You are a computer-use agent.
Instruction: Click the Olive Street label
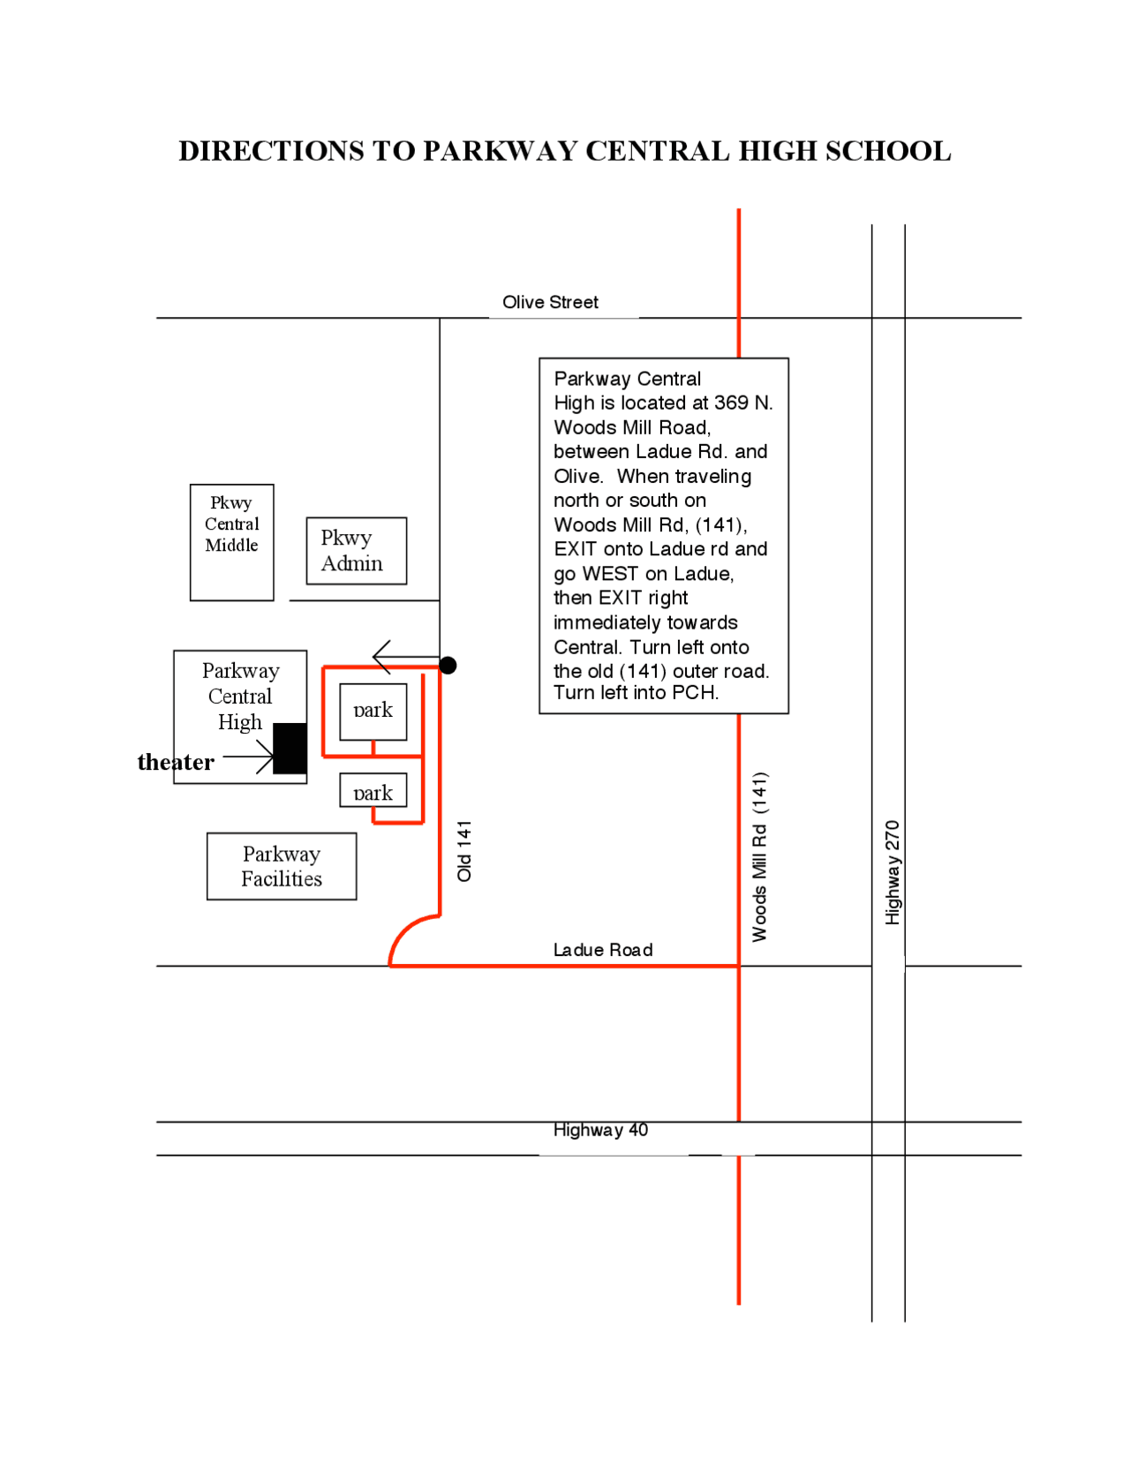550,302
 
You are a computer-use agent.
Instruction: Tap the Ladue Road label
603,949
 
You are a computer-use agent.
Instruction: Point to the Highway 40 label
600,1130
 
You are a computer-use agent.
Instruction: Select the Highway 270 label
892,872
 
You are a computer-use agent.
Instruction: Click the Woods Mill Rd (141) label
759,856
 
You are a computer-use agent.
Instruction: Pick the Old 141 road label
464,851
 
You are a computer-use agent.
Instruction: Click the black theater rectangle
290,748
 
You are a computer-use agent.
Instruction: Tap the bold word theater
176,762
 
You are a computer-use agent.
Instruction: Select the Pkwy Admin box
357,550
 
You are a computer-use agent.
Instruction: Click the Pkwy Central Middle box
232,542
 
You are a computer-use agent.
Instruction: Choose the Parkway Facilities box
282,866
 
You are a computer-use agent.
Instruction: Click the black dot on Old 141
448,666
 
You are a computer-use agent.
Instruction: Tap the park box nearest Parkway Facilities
373,790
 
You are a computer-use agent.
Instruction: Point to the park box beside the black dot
373,712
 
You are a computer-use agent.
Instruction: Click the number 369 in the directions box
731,403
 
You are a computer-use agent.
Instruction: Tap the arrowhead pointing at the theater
265,757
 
